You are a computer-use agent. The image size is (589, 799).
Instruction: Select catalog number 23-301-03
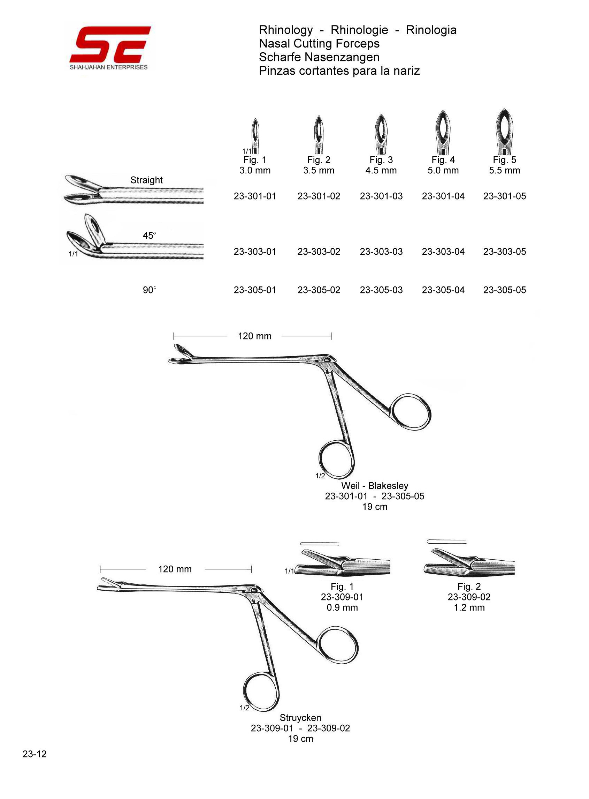pos(381,196)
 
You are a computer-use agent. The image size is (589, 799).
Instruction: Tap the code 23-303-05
pos(504,252)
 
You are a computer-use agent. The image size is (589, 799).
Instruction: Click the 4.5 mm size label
pos(381,171)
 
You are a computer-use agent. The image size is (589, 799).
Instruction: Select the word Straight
pos(146,180)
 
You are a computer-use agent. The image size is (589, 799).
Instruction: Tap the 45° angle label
pos(150,236)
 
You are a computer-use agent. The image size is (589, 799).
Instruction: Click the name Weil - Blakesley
pos(374,486)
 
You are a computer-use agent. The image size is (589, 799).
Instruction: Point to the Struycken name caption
pos(300,718)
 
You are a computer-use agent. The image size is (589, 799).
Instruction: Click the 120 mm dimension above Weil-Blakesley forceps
pos(254,336)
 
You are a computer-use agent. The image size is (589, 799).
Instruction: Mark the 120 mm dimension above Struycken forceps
pos(175,569)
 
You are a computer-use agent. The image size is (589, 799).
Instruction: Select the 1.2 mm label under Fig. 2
pos(469,608)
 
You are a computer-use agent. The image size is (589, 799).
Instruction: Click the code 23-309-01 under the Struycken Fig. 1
pos(342,597)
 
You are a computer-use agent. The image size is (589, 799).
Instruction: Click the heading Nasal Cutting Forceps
pos(319,44)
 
